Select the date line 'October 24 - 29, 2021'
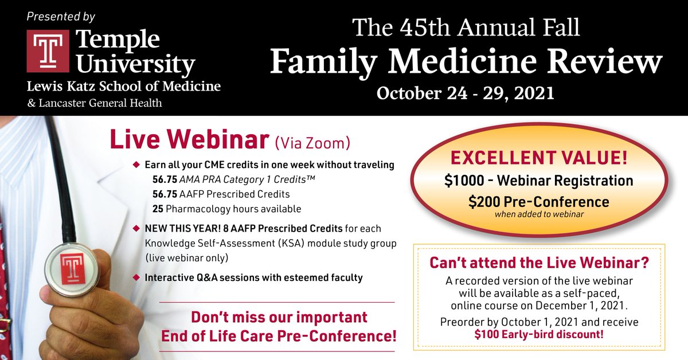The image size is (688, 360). [465, 92]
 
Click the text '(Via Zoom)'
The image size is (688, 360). [312, 141]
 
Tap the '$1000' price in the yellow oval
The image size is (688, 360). [463, 181]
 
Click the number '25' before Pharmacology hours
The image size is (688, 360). [158, 208]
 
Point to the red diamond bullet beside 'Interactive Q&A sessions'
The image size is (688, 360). [136, 277]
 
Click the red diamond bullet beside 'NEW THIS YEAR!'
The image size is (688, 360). [136, 228]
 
